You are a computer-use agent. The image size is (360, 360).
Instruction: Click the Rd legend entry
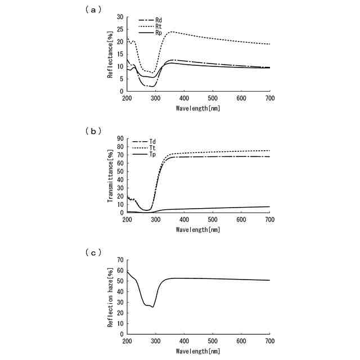coord(150,20)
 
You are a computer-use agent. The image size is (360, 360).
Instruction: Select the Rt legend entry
coord(150,26)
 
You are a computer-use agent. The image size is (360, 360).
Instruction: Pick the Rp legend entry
coord(150,33)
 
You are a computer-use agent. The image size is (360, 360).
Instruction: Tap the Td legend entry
coord(144,141)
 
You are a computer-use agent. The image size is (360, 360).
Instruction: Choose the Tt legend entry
coord(144,148)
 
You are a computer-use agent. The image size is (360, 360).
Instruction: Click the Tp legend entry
coord(144,154)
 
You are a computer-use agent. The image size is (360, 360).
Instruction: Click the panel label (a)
coord(93,10)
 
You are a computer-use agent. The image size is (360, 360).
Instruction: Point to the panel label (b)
coord(93,131)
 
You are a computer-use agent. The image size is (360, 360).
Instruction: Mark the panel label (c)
coord(93,253)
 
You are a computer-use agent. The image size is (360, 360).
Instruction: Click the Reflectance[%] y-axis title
coord(110,55)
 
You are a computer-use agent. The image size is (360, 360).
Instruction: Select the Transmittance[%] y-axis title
coord(110,176)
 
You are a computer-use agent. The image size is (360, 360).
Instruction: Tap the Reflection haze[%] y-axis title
coord(110,298)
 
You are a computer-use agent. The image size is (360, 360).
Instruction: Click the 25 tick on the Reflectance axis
coord(120,29)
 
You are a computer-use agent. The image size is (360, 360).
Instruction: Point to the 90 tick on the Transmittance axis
coord(120,138)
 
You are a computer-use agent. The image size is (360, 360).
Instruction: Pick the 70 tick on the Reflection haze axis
coord(120,260)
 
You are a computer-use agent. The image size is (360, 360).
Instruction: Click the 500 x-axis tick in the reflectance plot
coord(213,98)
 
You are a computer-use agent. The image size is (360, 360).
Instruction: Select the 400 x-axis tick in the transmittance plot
coord(184,220)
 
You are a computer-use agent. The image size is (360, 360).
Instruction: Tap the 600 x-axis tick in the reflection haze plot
coord(241,341)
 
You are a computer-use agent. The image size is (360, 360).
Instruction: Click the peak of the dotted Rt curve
coord(172,31)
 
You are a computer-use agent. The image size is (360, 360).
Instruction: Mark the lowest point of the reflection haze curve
coord(153,307)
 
